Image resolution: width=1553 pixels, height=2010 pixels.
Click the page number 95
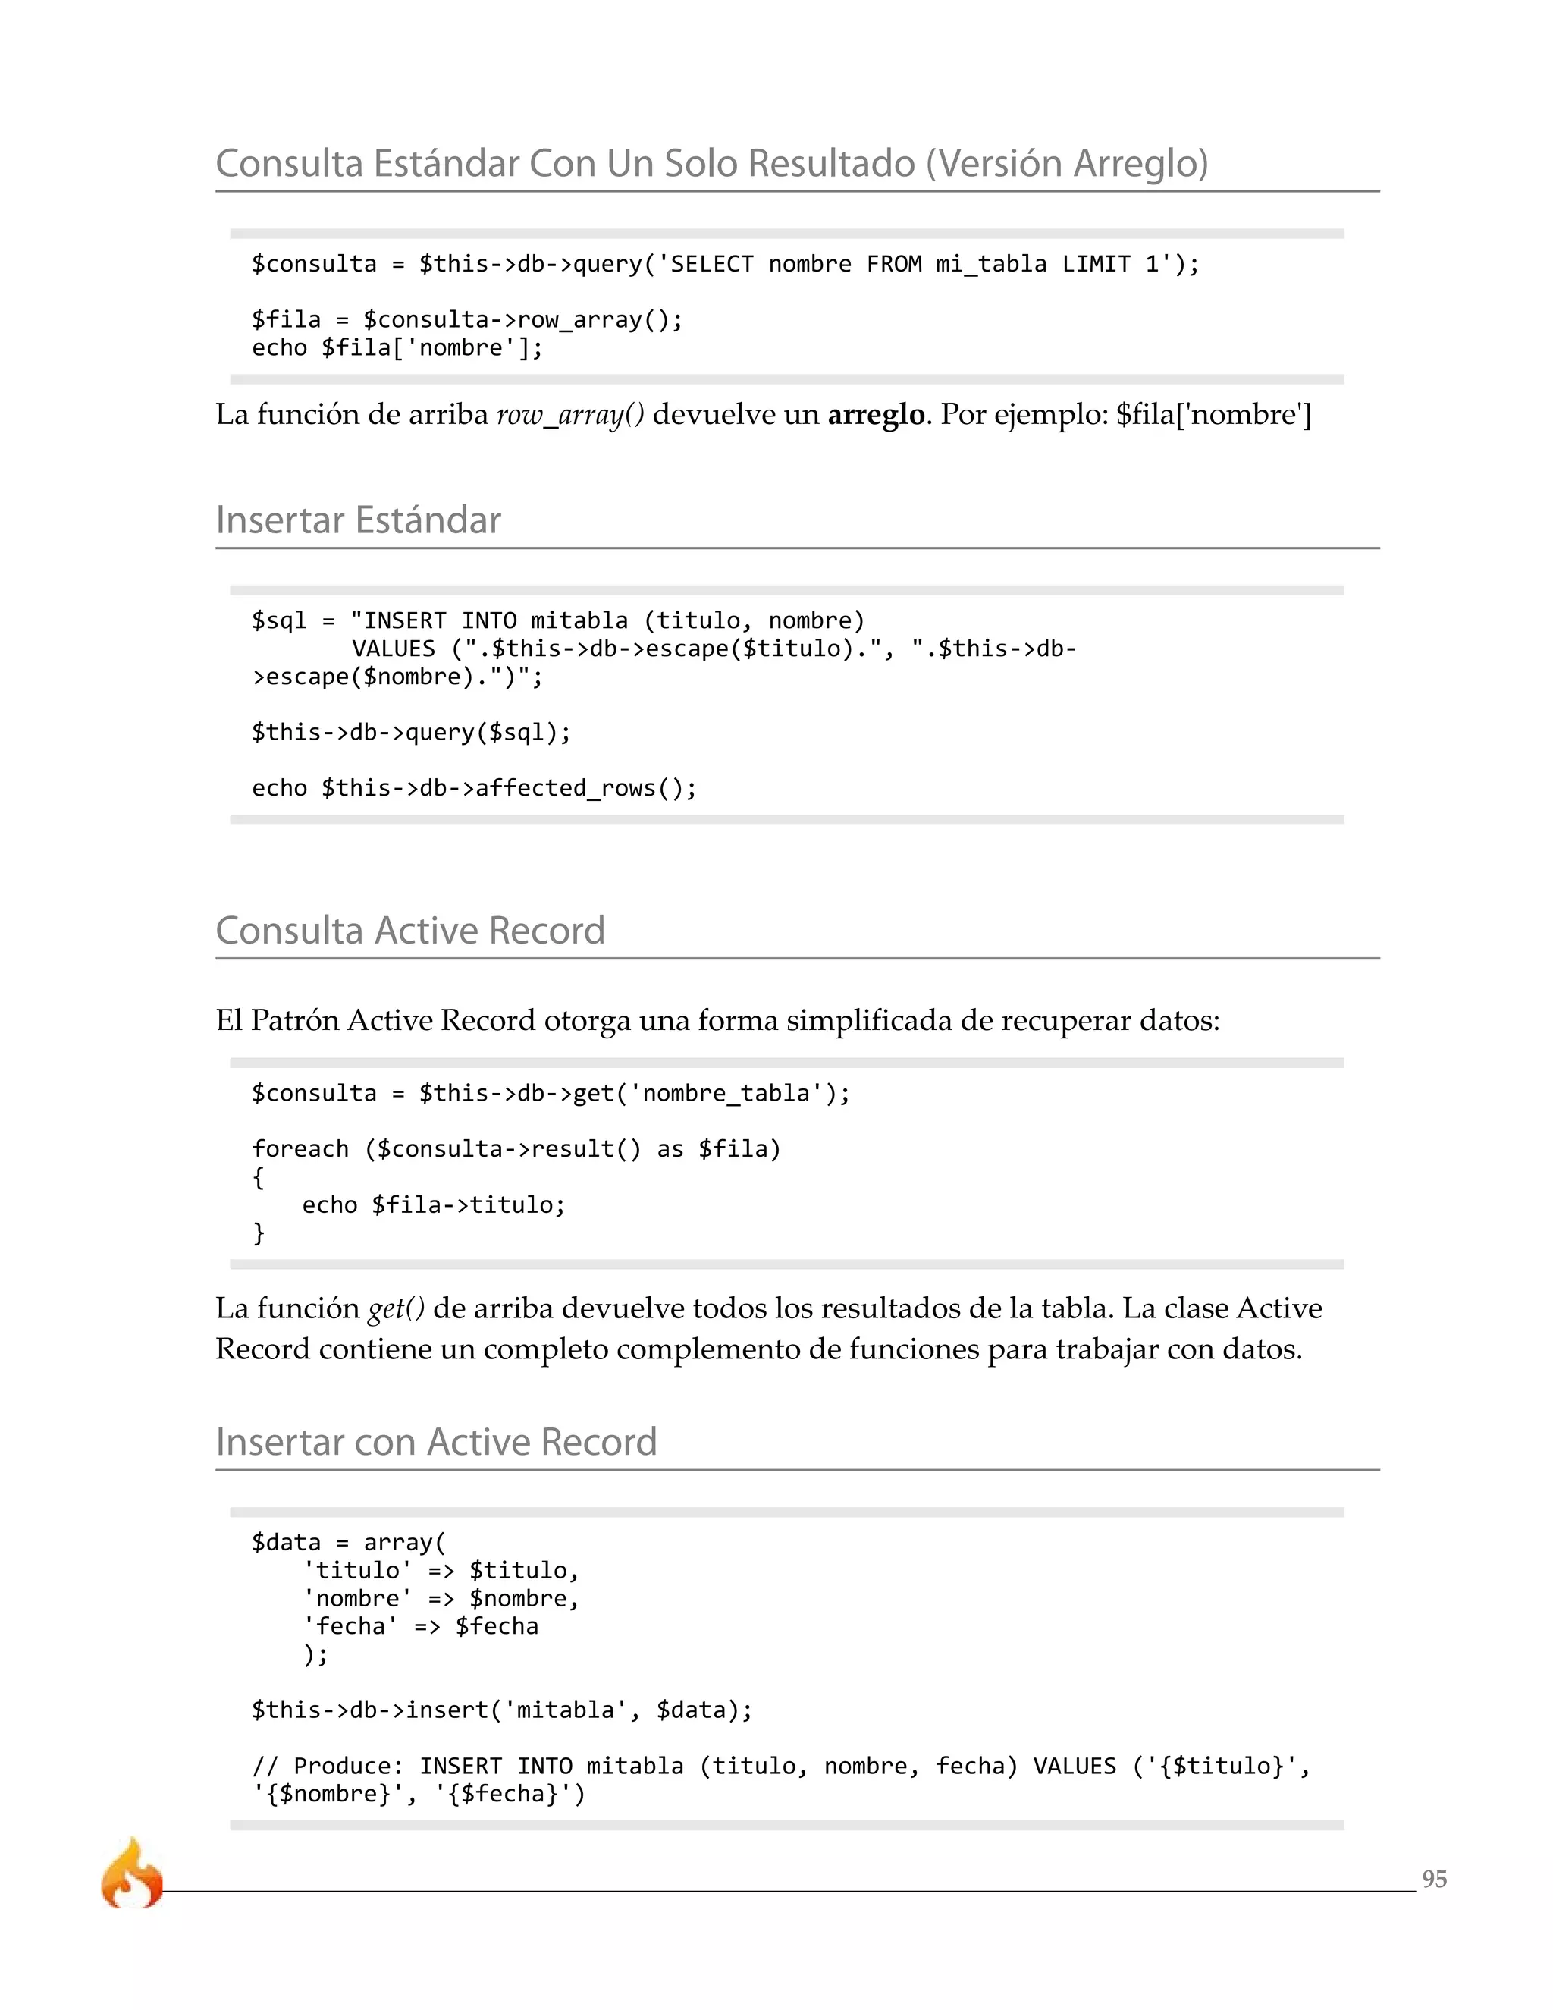(x=1433, y=1878)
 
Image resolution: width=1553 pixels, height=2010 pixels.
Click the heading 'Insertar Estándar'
(x=358, y=520)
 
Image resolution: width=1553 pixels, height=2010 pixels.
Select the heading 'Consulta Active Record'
(x=410, y=931)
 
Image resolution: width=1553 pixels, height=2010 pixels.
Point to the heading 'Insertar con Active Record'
(x=436, y=1442)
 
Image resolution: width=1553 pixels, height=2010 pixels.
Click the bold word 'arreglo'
(x=876, y=415)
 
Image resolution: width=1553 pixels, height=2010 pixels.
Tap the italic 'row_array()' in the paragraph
(x=570, y=416)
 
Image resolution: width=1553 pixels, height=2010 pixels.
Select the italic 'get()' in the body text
(x=396, y=1308)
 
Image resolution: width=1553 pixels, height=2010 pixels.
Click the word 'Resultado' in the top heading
(x=831, y=164)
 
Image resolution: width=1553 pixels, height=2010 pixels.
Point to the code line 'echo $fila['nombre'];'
(x=397, y=348)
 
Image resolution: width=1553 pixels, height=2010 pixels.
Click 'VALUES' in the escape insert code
(x=393, y=649)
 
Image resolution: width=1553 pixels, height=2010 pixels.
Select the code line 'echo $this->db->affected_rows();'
(x=474, y=788)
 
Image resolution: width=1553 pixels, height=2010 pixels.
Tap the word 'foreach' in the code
(x=300, y=1148)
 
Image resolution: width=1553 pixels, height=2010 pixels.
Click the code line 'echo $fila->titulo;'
(x=433, y=1204)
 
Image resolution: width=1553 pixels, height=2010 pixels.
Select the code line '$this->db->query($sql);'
(x=411, y=733)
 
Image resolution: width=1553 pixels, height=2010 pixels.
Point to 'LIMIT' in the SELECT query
(x=1096, y=264)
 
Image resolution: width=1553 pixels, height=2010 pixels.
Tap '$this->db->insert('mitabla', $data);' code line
(x=501, y=1710)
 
